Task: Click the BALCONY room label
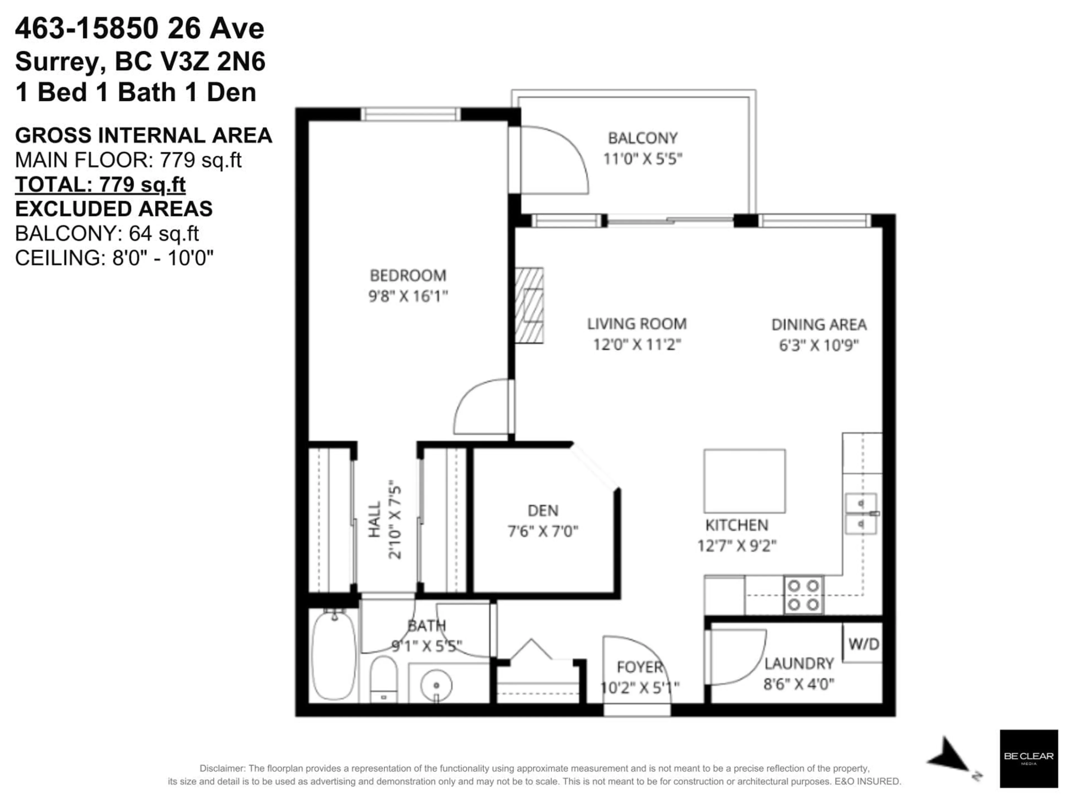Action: [x=642, y=138]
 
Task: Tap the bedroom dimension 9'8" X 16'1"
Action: [x=408, y=296]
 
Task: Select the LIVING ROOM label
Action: [x=637, y=324]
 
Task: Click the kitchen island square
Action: [x=744, y=481]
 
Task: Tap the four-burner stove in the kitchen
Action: [x=803, y=595]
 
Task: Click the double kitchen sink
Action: [x=860, y=514]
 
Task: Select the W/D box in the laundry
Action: [x=863, y=644]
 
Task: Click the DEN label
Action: [x=543, y=511]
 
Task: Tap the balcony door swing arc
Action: [x=561, y=160]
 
